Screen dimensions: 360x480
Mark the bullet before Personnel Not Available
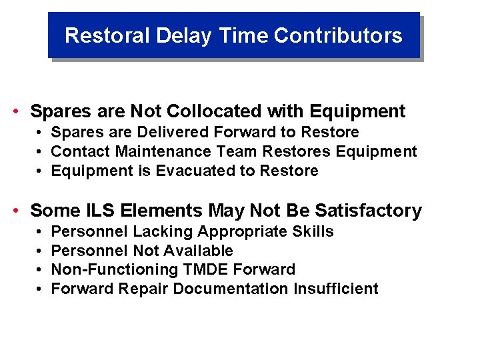(40, 251)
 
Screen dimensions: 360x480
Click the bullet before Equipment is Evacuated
(40, 171)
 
